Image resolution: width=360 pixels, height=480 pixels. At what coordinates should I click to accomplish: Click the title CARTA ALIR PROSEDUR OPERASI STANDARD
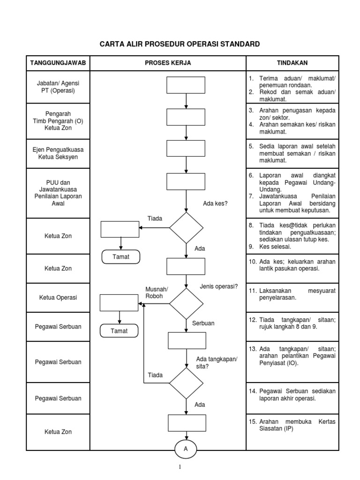[180, 45]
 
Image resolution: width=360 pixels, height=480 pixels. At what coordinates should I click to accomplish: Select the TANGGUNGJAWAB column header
[58, 63]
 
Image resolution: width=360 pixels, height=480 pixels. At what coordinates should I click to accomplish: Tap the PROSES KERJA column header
[168, 63]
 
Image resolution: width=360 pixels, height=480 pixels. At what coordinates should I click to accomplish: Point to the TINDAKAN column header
[292, 63]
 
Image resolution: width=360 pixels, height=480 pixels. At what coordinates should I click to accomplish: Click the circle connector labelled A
[186, 449]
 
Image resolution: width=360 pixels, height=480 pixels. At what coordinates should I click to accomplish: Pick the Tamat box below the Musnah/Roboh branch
[119, 331]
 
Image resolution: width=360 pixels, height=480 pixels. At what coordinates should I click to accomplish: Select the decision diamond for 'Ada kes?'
[186, 228]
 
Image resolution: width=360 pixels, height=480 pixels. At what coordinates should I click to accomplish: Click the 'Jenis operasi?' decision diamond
[186, 303]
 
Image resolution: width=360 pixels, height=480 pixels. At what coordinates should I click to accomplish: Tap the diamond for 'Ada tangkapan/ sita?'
[186, 383]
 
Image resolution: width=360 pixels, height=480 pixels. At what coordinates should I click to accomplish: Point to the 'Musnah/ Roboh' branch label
[156, 293]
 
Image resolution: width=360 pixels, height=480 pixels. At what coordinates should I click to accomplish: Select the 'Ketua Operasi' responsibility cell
[58, 298]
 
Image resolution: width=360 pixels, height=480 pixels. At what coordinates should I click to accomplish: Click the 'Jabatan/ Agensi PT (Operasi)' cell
[58, 87]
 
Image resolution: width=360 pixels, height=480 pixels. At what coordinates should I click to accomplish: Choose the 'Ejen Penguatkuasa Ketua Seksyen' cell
[58, 153]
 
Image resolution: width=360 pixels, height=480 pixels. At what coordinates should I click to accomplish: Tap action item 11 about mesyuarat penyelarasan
[292, 294]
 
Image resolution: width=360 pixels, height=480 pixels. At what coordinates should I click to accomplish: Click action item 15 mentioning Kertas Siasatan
[292, 425]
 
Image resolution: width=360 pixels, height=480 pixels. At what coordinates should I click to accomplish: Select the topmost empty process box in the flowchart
[186, 85]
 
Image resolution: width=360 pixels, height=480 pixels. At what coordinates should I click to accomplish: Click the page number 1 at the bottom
[180, 467]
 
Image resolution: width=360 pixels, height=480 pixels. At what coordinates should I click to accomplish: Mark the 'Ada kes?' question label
[215, 203]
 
